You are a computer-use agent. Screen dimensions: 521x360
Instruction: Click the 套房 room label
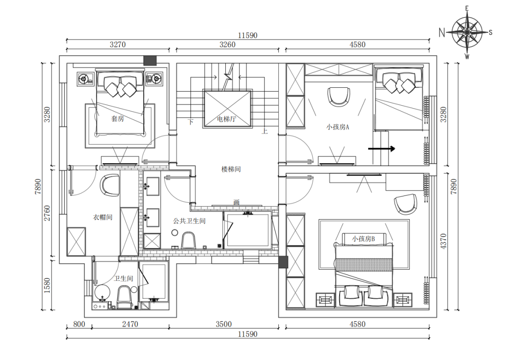tap(117, 118)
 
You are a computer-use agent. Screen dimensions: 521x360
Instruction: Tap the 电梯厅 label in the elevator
tap(226, 119)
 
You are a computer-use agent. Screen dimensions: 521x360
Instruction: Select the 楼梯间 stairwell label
tap(231, 169)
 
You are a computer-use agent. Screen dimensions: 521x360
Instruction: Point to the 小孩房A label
tap(338, 127)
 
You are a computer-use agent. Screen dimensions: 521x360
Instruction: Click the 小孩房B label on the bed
tap(364, 239)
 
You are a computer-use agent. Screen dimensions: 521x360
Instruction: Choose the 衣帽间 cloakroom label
tap(102, 217)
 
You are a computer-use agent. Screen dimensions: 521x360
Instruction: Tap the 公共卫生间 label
tap(190, 221)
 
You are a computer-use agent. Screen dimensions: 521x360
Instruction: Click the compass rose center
tap(467, 32)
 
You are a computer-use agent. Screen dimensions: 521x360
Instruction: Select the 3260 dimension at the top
tap(228, 44)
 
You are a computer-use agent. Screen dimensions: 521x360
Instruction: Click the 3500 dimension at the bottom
tap(224, 324)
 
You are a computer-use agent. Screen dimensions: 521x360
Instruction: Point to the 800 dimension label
tap(79, 324)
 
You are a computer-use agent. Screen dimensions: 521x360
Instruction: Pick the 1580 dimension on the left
tap(47, 286)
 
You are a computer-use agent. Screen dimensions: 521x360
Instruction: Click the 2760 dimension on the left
tap(47, 213)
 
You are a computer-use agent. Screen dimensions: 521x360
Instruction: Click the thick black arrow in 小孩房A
tap(382, 149)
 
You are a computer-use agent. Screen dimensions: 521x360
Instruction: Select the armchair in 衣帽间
tap(110, 185)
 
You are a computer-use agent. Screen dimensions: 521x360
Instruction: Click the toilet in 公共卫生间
tap(188, 240)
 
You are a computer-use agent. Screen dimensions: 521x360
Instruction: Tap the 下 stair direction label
tap(191, 122)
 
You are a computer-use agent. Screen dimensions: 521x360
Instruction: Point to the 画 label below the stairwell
tap(236, 202)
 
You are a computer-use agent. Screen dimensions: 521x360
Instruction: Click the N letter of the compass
tap(441, 32)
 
